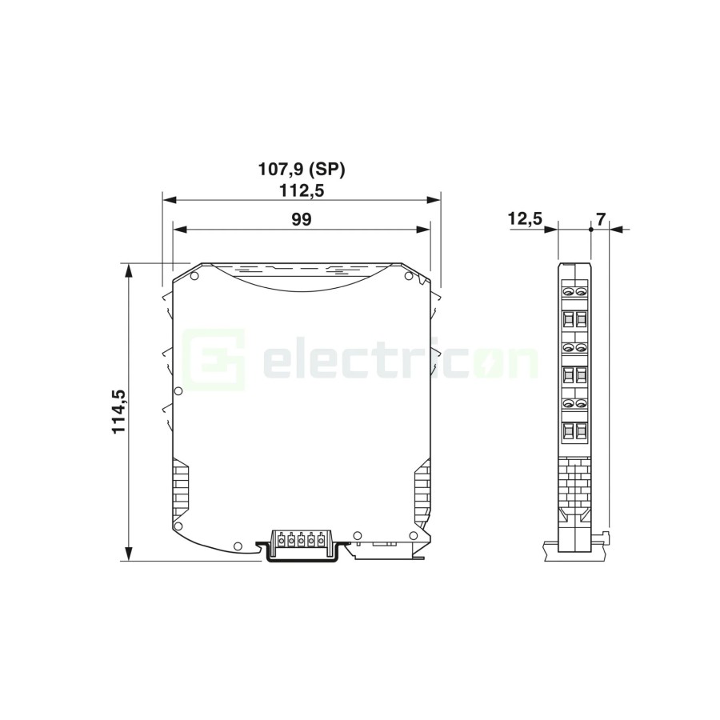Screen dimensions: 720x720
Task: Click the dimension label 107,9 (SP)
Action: click(x=302, y=170)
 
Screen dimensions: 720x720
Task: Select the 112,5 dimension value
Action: click(x=302, y=190)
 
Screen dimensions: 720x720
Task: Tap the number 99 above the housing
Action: click(x=302, y=219)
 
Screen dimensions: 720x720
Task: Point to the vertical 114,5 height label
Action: click(x=119, y=411)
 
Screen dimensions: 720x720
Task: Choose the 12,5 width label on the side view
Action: click(x=525, y=218)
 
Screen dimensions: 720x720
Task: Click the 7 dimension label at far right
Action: click(x=601, y=219)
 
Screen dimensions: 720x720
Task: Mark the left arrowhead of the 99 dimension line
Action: click(x=180, y=229)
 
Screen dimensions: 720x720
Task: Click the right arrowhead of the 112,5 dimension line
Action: click(x=433, y=200)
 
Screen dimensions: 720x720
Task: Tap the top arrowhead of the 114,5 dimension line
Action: click(x=129, y=271)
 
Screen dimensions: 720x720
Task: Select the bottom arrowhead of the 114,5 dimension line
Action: click(x=129, y=553)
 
